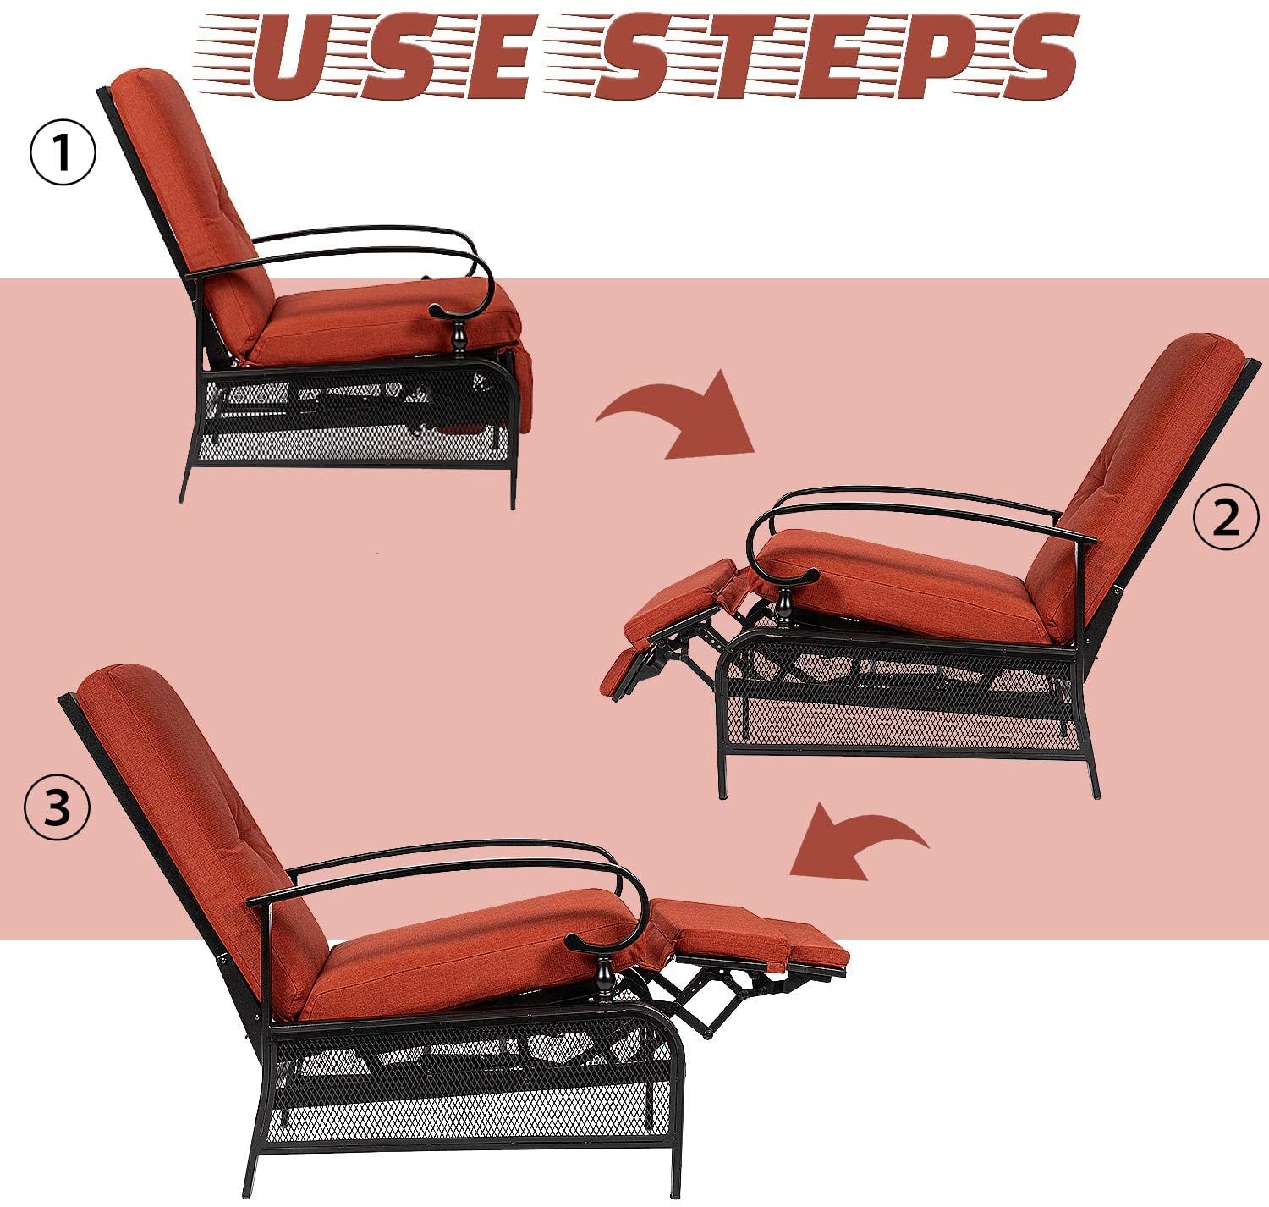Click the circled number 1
pos(63,153)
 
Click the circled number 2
pos(1226,518)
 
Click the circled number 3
pos(57,807)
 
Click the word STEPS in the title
pos(832,57)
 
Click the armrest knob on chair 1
pos(459,335)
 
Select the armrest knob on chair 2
pos(783,603)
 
